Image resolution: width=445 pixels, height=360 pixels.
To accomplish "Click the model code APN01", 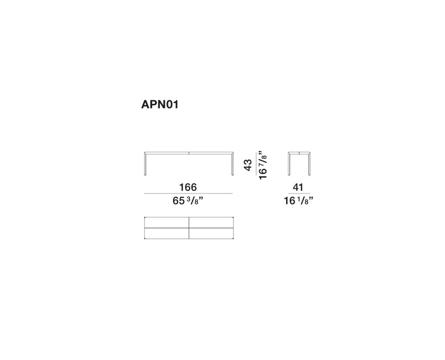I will click(x=159, y=105).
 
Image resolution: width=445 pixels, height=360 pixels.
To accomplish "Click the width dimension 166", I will click(x=188, y=187).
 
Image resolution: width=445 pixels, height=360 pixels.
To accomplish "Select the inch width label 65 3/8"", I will click(x=188, y=201).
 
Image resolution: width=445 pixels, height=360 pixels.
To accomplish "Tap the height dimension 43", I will click(x=247, y=164).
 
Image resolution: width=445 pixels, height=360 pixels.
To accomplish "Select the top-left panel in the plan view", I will click(x=166, y=223).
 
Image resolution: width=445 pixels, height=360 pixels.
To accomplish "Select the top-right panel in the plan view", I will click(x=210, y=223).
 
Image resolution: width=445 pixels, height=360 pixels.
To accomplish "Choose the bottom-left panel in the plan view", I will click(x=166, y=234).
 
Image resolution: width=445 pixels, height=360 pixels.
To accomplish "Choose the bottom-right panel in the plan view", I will click(x=210, y=234).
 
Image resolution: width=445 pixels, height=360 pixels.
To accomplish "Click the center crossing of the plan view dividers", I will click(x=189, y=228).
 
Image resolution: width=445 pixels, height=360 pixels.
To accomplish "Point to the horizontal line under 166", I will click(x=188, y=194).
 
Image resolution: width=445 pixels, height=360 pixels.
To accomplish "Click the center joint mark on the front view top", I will click(x=189, y=153).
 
